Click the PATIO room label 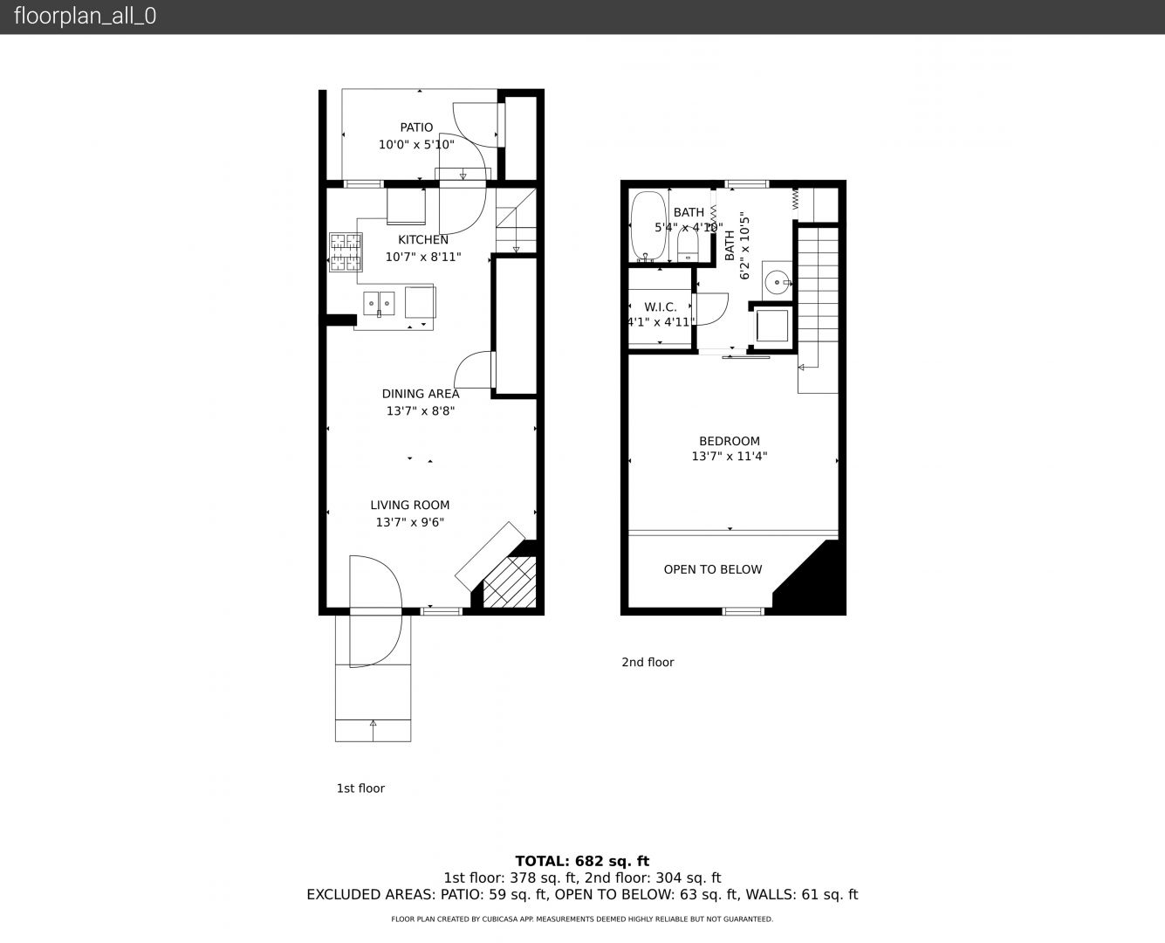(x=416, y=127)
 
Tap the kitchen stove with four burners (x=346, y=252)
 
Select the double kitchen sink (x=379, y=304)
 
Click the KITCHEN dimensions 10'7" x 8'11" (x=423, y=257)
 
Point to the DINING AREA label (x=421, y=394)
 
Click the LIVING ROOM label (x=409, y=506)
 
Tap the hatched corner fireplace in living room (x=510, y=582)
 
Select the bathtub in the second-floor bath (x=648, y=227)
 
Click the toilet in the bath (x=687, y=244)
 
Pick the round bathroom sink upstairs (x=776, y=282)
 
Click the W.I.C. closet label (x=660, y=307)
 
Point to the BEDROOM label (x=730, y=441)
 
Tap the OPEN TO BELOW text (x=713, y=569)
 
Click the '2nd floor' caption (x=648, y=662)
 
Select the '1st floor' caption (x=360, y=788)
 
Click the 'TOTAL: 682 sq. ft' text (x=582, y=861)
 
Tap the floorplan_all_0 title (x=86, y=16)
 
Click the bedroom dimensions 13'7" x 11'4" (x=730, y=456)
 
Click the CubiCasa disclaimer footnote (x=582, y=919)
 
